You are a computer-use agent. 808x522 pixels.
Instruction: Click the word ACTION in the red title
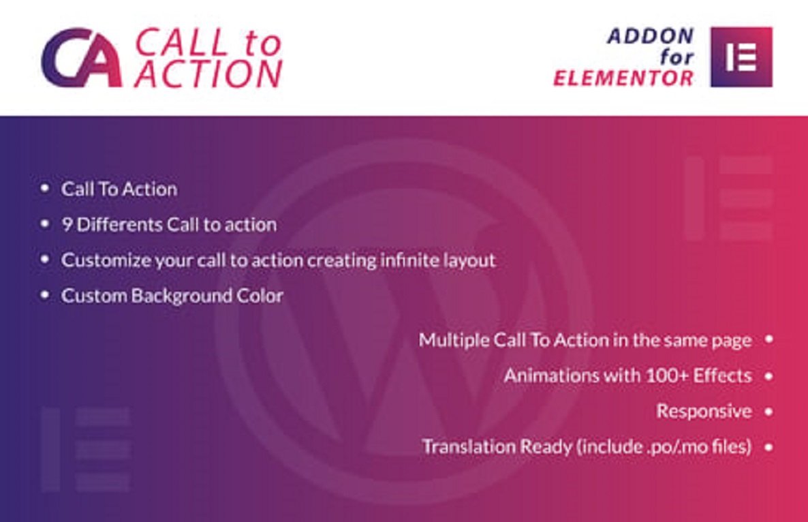coord(208,74)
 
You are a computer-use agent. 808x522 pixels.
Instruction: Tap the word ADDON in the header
coord(651,36)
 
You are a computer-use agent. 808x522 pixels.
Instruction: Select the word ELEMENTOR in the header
coord(623,78)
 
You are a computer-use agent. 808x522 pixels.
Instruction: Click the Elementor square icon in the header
coord(741,57)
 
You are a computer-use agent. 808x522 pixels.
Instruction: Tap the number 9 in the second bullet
coord(67,224)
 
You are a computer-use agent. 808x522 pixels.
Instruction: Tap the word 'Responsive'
coord(704,411)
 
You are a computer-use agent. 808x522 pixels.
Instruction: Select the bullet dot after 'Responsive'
coord(769,412)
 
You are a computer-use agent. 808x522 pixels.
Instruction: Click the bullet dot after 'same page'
coord(769,339)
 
